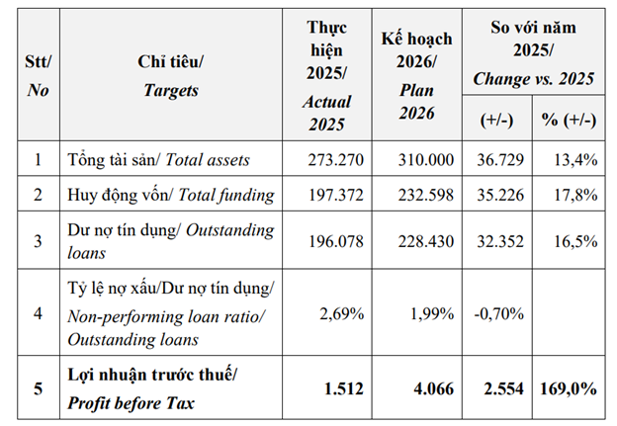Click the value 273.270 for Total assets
click(335, 160)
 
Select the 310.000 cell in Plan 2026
click(426, 160)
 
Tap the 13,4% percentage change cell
click(575, 160)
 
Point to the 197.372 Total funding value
click(335, 195)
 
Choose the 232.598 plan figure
click(426, 195)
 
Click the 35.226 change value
click(500, 195)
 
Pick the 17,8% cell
click(575, 195)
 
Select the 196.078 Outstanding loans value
click(335, 241)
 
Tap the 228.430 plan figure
click(426, 241)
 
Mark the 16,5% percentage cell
click(575, 241)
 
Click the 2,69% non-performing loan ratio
click(341, 314)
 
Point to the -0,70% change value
click(499, 314)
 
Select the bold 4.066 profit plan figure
click(434, 388)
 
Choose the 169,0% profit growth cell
click(569, 388)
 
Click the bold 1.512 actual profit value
click(343, 388)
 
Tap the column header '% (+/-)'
click(569, 120)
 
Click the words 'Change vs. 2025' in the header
click(533, 79)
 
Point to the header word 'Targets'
click(171, 91)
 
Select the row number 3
click(38, 241)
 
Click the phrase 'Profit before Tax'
click(132, 403)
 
